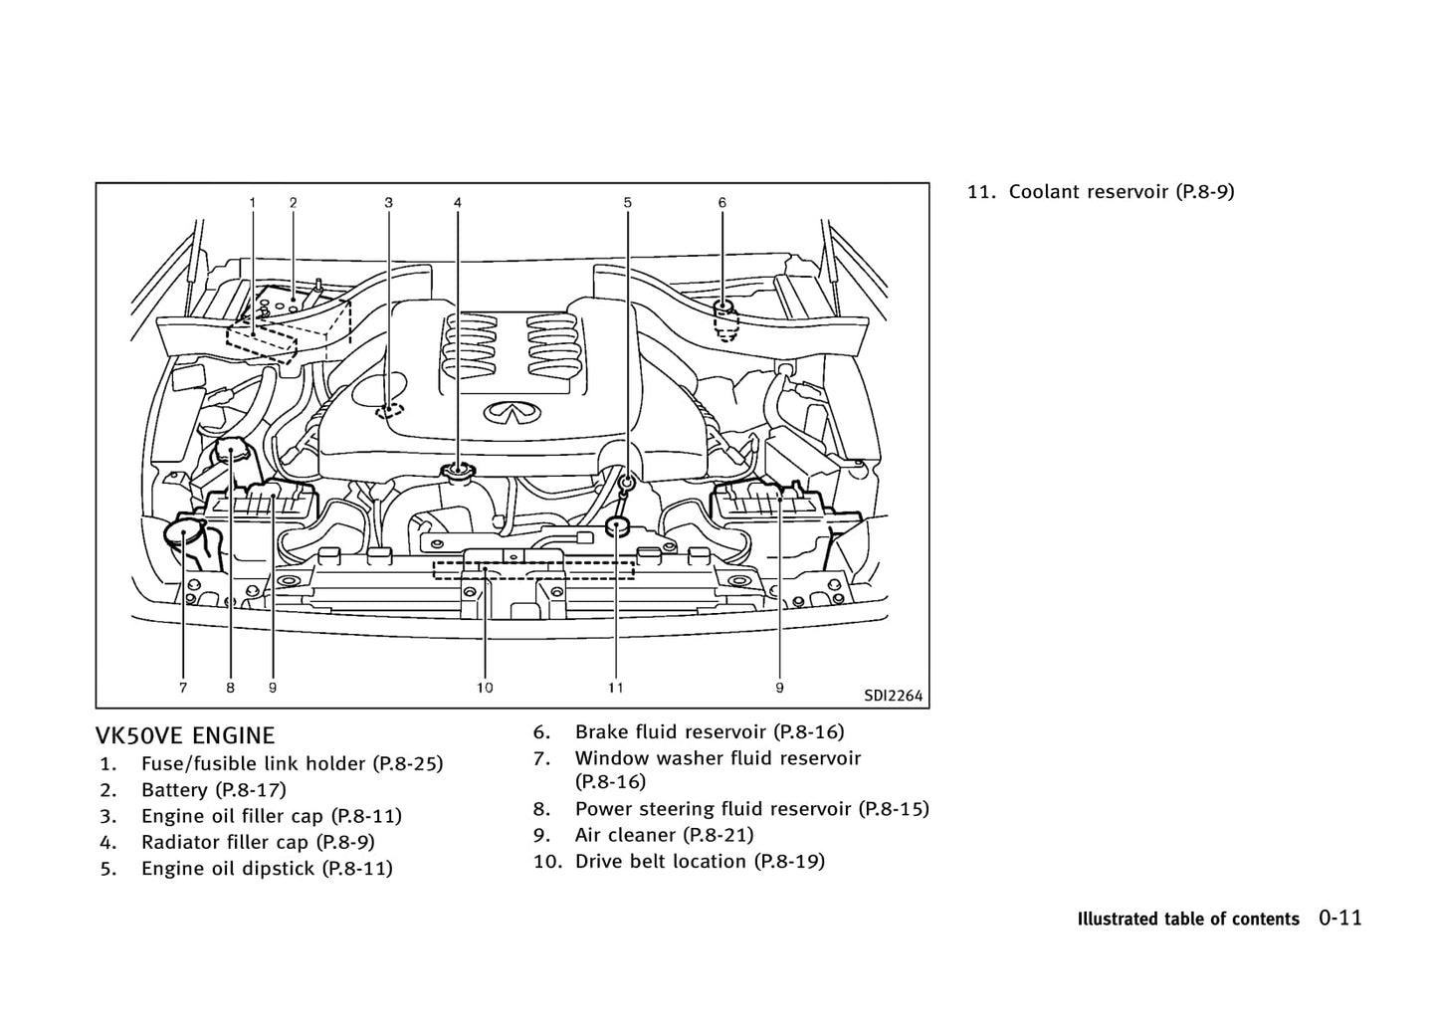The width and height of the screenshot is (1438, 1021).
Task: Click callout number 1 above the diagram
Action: (253, 203)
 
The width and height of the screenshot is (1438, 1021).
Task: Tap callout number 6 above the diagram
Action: (722, 203)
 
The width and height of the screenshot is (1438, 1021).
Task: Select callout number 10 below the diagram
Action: (485, 687)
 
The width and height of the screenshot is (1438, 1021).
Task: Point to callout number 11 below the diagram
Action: (616, 687)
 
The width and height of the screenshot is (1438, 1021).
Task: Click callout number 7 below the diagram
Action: (183, 687)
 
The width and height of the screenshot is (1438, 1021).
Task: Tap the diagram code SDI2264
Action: (893, 696)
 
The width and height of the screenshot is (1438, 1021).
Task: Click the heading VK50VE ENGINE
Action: (185, 736)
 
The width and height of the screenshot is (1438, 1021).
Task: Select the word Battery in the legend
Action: (173, 790)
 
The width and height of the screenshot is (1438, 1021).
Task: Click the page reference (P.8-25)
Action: (407, 764)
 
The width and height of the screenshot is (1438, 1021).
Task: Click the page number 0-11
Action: (1340, 918)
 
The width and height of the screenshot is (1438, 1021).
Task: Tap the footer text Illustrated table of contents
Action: (1188, 919)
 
